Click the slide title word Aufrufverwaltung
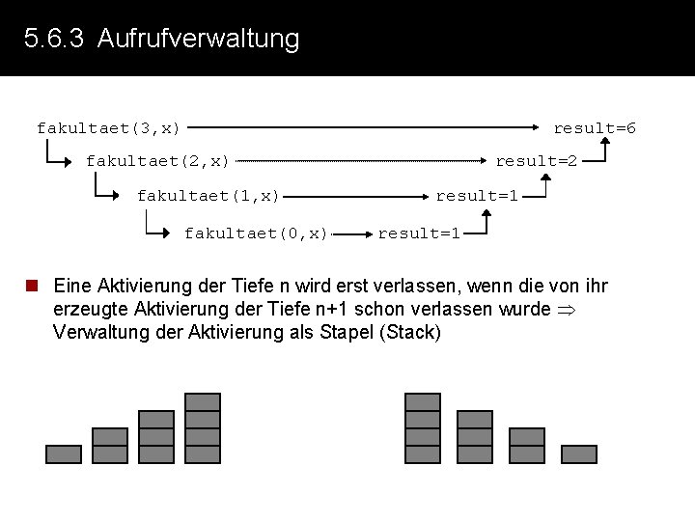pos(199,40)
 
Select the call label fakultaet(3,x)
pos(108,127)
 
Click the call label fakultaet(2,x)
pos(157,160)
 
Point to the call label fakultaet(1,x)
pos(208,196)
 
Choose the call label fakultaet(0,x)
pos(256,233)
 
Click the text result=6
pos(594,127)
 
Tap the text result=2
pos(536,160)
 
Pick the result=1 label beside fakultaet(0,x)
pos(419,233)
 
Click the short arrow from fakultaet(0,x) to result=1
pos(353,233)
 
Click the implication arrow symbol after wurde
pos(566,310)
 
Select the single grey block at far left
pos(64,453)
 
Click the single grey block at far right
pos(579,453)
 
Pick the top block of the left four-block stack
pos(203,401)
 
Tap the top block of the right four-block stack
pos(423,401)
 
